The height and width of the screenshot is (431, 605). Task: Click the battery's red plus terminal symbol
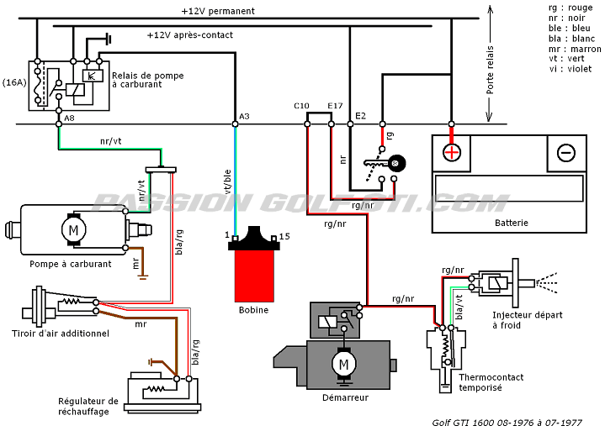[452, 153]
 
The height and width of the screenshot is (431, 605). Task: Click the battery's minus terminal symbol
[566, 153]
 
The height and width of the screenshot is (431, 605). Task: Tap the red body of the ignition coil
[254, 276]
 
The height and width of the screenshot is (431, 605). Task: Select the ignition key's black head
[396, 163]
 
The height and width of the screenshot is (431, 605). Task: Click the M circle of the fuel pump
[73, 230]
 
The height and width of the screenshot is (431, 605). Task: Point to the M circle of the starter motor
[343, 364]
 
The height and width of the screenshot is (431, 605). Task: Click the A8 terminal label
[69, 118]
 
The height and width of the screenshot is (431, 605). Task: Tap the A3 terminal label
[244, 116]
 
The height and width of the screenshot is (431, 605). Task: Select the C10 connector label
[301, 106]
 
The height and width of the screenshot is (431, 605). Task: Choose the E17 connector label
[335, 106]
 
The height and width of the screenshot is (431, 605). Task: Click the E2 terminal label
[360, 116]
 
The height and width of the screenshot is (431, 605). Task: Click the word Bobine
[253, 310]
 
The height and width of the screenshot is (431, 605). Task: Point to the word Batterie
[512, 223]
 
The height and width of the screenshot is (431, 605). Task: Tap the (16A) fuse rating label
[14, 82]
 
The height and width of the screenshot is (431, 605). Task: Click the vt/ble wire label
[228, 181]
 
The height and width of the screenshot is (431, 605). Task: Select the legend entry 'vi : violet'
[571, 69]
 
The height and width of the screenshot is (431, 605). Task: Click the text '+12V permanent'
[218, 11]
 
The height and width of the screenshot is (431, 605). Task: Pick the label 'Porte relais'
[490, 70]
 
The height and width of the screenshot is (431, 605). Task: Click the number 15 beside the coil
[284, 236]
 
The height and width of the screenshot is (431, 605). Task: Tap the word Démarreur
[345, 397]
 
